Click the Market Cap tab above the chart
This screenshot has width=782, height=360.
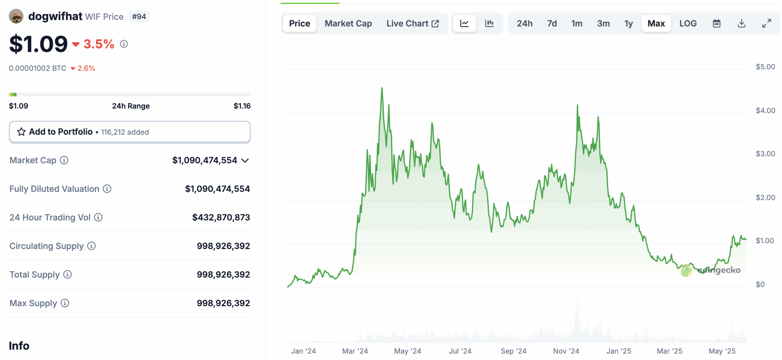tap(348, 24)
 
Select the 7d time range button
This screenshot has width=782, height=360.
tap(551, 24)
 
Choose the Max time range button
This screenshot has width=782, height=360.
tap(656, 24)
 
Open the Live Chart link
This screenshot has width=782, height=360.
tap(412, 24)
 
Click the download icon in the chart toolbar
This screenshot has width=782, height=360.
tap(741, 24)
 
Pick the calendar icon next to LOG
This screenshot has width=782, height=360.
tap(716, 24)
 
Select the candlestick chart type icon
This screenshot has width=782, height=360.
tap(489, 24)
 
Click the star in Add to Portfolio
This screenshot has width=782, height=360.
tap(21, 132)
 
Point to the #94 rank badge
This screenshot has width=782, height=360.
tap(139, 17)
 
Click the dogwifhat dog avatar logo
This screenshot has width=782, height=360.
tap(16, 16)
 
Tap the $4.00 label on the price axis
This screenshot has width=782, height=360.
tap(765, 111)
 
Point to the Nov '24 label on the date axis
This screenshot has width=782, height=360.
tap(566, 351)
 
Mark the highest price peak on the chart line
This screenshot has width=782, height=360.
tap(382, 88)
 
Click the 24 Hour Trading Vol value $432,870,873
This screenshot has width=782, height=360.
tap(221, 217)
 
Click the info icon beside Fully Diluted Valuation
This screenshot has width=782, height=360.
tap(107, 189)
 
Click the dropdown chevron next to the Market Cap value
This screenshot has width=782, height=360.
tap(245, 160)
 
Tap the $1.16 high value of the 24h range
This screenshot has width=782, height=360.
tap(242, 106)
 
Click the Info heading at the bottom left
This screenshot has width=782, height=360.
tap(19, 346)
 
